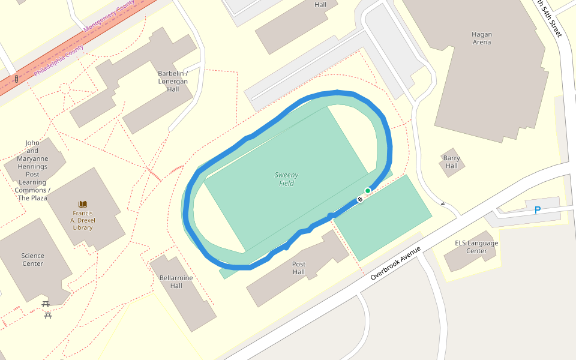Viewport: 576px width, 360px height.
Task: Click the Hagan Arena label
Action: click(x=481, y=38)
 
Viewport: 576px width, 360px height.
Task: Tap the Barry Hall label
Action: click(x=451, y=162)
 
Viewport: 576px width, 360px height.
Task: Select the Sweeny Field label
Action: click(x=287, y=179)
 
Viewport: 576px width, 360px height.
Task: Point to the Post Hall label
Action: click(x=299, y=268)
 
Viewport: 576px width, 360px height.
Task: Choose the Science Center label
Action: click(x=32, y=259)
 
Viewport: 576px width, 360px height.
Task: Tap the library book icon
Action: click(x=83, y=205)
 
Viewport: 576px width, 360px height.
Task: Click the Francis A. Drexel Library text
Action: click(x=83, y=220)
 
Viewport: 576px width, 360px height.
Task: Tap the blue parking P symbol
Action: click(x=538, y=210)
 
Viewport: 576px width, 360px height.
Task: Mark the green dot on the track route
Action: click(x=368, y=191)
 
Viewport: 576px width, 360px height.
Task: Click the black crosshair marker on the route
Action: click(x=360, y=199)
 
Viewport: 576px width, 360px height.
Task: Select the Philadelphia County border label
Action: click(x=59, y=62)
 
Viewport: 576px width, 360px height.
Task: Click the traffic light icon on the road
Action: click(x=16, y=79)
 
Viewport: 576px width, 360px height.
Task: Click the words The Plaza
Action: click(x=32, y=198)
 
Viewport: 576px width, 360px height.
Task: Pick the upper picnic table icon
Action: click(x=46, y=304)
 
